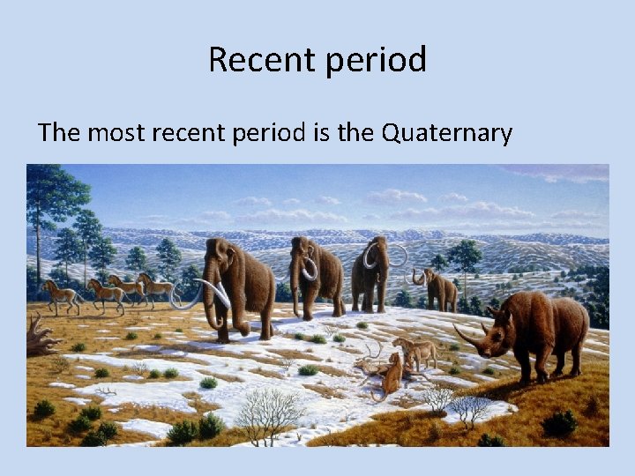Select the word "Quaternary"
click(x=446, y=133)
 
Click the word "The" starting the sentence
click(x=59, y=133)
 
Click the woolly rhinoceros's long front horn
click(x=467, y=339)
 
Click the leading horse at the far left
click(x=61, y=295)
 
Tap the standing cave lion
click(x=415, y=351)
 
